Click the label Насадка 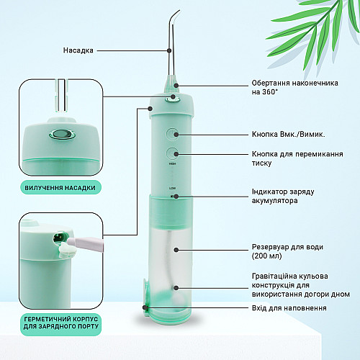[x=78, y=50]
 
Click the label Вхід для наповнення [x=289, y=308]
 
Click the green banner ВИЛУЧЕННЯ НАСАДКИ [x=68, y=187]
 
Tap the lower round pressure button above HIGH [x=173, y=153]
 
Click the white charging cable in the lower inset [x=86, y=243]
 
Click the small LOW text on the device [x=173, y=187]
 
